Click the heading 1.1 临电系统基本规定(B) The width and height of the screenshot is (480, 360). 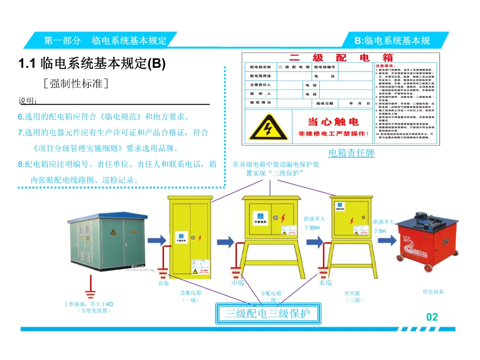(x=92, y=64)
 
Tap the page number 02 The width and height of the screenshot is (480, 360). (x=432, y=317)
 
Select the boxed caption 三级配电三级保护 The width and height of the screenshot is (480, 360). (x=267, y=314)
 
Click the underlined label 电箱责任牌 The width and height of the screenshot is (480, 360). (x=351, y=153)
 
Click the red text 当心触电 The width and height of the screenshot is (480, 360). (x=333, y=122)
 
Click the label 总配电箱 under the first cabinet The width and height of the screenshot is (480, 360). (x=191, y=293)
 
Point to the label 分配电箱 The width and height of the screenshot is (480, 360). (x=271, y=293)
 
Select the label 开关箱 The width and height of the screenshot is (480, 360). (x=352, y=293)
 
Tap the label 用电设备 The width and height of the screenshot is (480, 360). (x=433, y=292)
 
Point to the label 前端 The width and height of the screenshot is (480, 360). (x=164, y=283)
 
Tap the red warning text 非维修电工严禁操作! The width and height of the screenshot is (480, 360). (x=333, y=134)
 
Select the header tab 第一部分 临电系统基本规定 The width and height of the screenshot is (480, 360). (x=105, y=41)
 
